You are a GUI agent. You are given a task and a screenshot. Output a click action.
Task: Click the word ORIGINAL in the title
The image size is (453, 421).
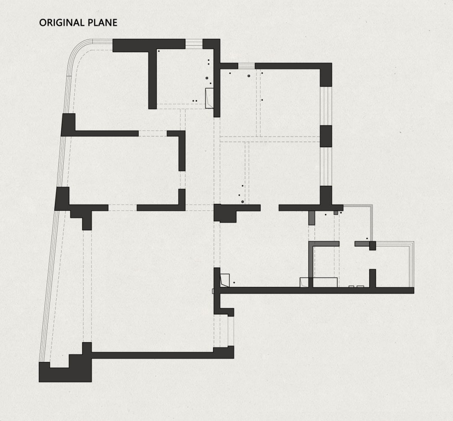click(62, 23)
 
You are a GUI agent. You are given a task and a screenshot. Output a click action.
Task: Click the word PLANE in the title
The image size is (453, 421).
click(102, 23)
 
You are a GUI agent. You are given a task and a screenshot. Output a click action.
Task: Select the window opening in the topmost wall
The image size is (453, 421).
click(193, 44)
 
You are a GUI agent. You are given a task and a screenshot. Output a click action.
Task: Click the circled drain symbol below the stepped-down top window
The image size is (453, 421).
click(249, 76)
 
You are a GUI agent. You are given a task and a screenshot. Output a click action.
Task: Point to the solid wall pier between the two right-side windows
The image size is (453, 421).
click(326, 136)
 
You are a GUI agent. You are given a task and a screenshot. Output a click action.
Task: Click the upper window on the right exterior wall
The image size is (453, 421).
click(326, 106)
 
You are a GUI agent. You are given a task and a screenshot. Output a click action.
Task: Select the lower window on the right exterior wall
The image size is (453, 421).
click(326, 166)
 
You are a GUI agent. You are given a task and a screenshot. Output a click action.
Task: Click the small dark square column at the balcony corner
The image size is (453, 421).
click(373, 246)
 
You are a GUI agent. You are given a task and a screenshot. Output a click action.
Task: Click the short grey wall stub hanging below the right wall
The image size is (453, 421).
click(311, 218)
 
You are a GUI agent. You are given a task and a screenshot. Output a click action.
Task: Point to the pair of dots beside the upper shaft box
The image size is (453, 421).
click(195, 101)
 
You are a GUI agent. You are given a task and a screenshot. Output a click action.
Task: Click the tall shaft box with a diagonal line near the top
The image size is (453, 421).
click(209, 99)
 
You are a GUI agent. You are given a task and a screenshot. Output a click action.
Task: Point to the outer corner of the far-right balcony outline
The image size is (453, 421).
click(414, 242)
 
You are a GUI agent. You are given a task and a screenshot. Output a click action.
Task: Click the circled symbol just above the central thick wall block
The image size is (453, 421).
click(242, 202)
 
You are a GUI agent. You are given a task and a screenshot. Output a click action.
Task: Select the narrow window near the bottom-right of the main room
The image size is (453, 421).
click(231, 331)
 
